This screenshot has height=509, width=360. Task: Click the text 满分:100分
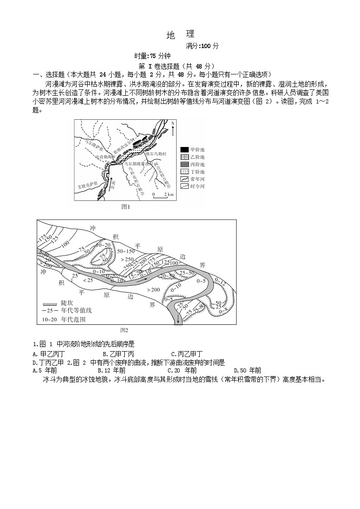pyautogui.click(x=202, y=46)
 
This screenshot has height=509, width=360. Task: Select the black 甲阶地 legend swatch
pyautogui.click(x=184, y=149)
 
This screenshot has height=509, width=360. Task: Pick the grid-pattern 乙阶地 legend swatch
pyautogui.click(x=184, y=157)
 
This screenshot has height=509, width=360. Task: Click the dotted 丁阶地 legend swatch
pyautogui.click(x=184, y=172)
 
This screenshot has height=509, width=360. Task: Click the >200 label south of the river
pyautogui.click(x=153, y=289)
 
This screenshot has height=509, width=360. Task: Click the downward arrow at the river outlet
pyautogui.click(x=178, y=321)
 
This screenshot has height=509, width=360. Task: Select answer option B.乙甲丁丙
pyautogui.click(x=118, y=354)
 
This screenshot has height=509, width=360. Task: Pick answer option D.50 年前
pyautogui.click(x=247, y=370)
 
